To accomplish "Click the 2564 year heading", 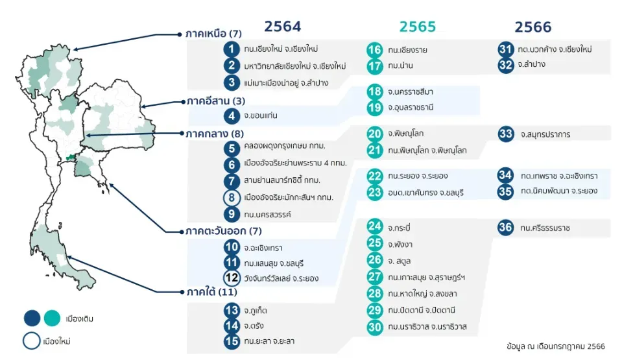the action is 282,27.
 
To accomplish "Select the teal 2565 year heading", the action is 417,27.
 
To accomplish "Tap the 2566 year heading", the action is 532,27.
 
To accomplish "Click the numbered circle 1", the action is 232,49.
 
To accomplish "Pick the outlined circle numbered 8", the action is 232,197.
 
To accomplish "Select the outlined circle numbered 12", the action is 232,278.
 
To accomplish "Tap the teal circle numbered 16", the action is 374,49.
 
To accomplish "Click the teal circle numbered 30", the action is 374,327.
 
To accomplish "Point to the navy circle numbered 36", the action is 505,228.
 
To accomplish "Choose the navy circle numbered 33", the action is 505,134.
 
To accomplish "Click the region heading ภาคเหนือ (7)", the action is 213,34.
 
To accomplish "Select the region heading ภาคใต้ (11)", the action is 211,292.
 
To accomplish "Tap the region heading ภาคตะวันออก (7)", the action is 224,231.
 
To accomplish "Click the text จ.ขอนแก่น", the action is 261,115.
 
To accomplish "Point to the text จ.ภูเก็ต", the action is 256,311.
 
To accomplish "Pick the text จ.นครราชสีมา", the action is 411,91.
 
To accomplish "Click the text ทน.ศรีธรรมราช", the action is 545,228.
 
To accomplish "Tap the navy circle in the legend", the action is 32,318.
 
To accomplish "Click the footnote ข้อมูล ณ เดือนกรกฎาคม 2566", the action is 556,346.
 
